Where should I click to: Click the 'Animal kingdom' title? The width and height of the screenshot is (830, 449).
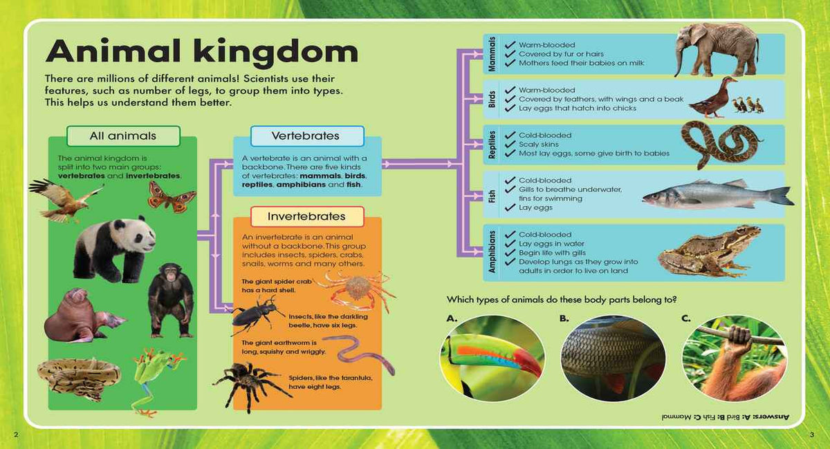201,52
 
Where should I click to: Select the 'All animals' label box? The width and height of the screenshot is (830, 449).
123,136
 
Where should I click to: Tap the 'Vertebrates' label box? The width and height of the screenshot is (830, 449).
306,136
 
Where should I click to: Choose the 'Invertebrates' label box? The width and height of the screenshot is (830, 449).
306,217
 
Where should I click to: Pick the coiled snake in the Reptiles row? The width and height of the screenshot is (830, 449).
720,144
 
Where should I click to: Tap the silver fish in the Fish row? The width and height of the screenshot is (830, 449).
717,195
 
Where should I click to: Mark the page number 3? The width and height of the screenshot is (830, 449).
812,434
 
